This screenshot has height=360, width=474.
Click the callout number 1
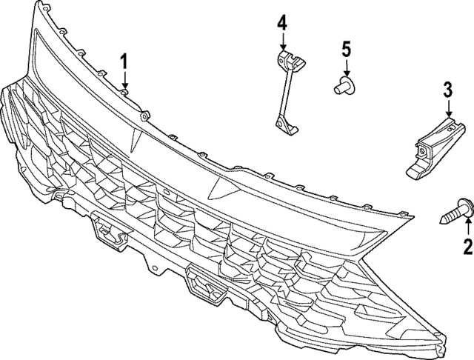coord(125,60)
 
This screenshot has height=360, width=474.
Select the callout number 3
coord(447,91)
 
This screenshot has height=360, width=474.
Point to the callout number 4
coord(282,22)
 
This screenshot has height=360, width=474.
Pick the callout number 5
coord(346,50)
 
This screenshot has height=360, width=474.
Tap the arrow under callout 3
coord(447,110)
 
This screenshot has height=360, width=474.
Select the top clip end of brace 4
coord(284,59)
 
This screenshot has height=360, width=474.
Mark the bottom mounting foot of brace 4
coord(285,127)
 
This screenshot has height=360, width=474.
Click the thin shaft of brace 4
coord(282,93)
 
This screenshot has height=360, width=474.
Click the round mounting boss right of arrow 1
coord(144,114)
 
